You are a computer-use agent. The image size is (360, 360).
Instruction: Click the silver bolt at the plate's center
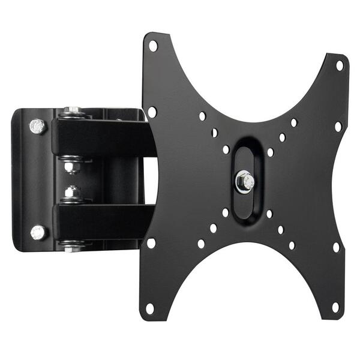245,181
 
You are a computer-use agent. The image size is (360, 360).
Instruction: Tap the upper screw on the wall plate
38,126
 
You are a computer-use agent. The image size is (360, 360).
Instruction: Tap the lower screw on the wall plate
38,232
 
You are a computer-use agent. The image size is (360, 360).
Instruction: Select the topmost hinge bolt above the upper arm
73,111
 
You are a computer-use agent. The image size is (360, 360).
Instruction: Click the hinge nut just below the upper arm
73,164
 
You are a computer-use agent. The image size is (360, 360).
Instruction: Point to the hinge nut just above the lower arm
73,194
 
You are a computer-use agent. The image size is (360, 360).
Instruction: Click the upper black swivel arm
99,137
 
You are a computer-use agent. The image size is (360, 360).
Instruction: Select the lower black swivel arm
99,221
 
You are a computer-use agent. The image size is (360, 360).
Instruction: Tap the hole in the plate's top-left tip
153,45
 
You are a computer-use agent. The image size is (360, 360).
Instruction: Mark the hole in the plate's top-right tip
340,65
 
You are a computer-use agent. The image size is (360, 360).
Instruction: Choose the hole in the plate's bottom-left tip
150,308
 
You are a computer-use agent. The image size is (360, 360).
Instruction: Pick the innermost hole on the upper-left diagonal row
226,149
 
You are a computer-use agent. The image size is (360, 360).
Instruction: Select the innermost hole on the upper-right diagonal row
270,152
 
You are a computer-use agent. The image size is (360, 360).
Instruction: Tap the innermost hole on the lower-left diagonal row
225,212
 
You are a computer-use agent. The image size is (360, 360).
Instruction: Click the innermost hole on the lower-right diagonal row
269,214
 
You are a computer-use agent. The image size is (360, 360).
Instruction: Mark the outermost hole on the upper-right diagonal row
293,122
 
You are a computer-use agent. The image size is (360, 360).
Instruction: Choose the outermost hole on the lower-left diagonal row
201,244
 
